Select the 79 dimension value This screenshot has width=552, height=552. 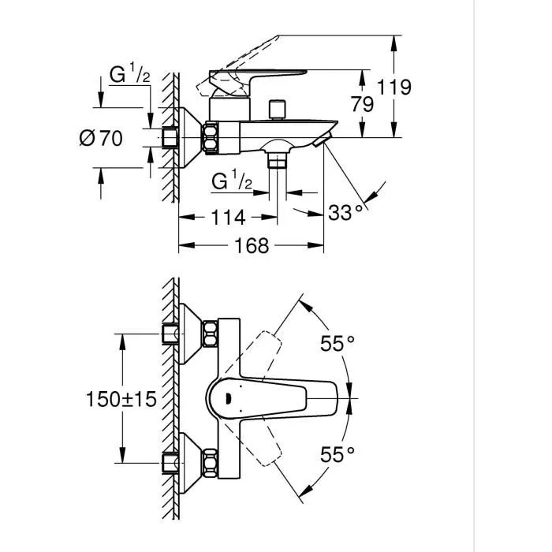[x=363, y=103]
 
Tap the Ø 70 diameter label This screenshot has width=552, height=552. [x=102, y=139]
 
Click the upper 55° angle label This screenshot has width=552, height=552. [x=337, y=343]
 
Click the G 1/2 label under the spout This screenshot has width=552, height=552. [x=232, y=182]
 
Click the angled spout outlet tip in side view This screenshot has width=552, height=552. [x=321, y=142]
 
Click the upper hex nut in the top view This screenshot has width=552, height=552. [x=211, y=334]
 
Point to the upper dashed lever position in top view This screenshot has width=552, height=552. [x=264, y=352]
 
